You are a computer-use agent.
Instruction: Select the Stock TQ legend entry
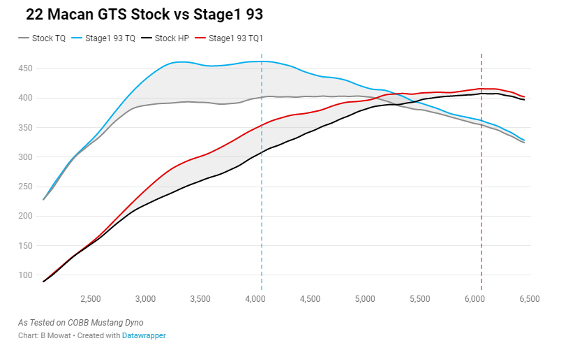[48, 38]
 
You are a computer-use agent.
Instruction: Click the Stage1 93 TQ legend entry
[110, 38]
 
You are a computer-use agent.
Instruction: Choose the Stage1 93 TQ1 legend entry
[235, 38]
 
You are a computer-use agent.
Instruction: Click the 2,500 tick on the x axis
[91, 299]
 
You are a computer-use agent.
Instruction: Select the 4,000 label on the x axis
[255, 299]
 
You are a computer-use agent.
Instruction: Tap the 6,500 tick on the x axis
[530, 299]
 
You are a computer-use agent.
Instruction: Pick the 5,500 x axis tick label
[420, 299]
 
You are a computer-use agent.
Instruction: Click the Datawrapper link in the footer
[144, 336]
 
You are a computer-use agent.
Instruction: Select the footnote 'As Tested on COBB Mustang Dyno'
[80, 323]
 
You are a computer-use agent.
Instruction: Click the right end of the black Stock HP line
[524, 100]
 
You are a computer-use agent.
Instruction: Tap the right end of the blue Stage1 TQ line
[524, 140]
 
